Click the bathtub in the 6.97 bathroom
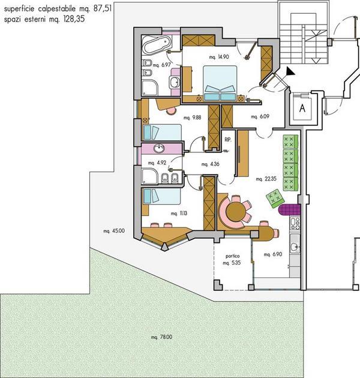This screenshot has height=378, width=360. pos(157,45)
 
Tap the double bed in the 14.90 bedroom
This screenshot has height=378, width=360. pos(220,83)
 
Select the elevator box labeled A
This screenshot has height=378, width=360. pos(302,108)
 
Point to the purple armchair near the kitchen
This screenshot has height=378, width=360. pos(289,209)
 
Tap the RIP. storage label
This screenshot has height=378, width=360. pos(227,140)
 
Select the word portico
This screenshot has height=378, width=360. pos(232,256)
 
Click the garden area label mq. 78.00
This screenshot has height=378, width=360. pos(161,337)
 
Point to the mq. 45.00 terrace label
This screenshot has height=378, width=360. pos(114,231)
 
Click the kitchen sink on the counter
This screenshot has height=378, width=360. pos(295,247)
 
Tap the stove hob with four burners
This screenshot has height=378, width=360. pos(295,224)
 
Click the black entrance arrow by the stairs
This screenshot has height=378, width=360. pos(290,71)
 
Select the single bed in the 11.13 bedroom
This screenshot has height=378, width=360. pos(161,196)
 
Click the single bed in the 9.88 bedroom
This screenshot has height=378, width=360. pos(162,132)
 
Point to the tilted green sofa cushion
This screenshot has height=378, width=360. pos(275,198)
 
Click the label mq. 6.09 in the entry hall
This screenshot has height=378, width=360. pos(260,116)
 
